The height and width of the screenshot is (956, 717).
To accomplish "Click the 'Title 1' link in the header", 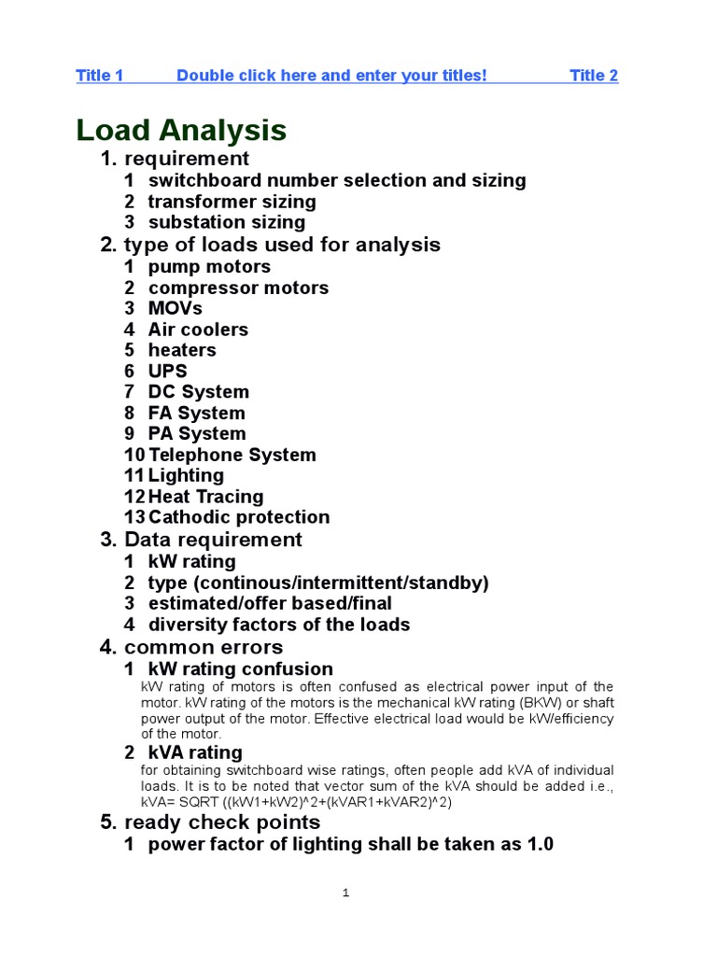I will [99, 76].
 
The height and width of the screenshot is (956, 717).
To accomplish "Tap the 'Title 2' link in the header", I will [594, 76].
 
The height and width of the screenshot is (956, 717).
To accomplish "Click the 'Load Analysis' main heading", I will [181, 130].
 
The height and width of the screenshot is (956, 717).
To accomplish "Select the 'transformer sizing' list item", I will [232, 202].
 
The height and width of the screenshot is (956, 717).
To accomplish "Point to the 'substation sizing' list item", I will [226, 222].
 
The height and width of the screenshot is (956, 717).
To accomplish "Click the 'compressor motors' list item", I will [238, 288].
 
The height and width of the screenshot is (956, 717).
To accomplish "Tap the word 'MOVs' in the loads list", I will [175, 308].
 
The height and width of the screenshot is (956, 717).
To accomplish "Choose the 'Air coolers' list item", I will [198, 330].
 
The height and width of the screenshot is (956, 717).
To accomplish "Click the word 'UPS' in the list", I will [168, 371].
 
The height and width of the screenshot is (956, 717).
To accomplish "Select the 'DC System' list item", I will [198, 392].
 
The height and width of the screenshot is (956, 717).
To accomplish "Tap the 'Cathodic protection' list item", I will [239, 517].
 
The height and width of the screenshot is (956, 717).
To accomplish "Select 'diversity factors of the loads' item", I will [278, 625].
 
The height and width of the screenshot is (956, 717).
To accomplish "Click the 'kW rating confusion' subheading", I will [240, 668].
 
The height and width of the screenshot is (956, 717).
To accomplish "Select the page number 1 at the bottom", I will [345, 893].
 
